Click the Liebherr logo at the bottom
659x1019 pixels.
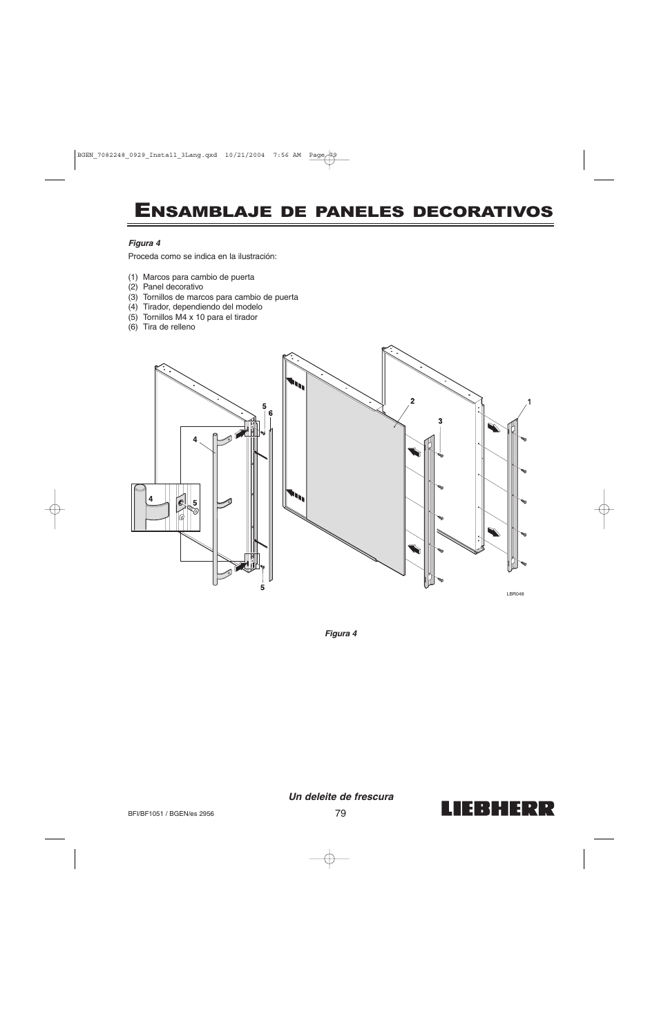point(495,808)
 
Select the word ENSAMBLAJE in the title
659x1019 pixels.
point(200,211)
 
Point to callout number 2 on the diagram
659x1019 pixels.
point(412,401)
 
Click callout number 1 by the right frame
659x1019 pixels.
point(529,401)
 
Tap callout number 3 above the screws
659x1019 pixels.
point(439,421)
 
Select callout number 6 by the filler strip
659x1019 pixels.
point(271,413)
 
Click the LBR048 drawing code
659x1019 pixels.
point(515,593)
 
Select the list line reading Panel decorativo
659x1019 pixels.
point(166,287)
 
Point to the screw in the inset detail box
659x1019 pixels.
point(193,510)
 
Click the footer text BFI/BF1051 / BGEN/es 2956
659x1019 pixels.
point(171,814)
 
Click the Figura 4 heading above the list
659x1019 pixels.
point(144,243)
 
